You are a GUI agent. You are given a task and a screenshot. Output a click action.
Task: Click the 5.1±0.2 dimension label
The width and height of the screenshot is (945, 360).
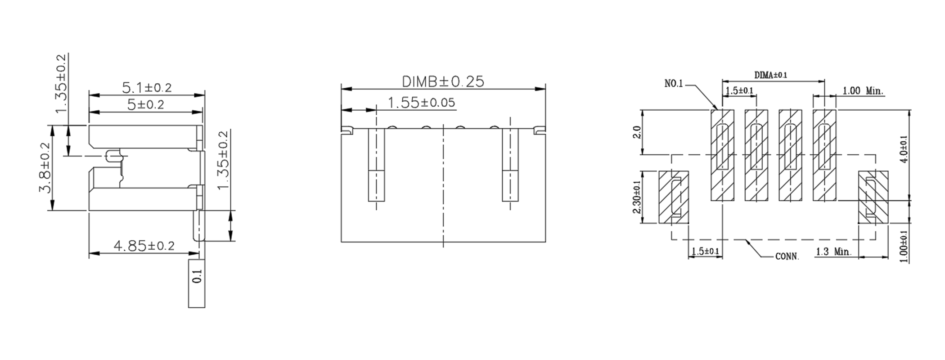pyautogui.click(x=147, y=87)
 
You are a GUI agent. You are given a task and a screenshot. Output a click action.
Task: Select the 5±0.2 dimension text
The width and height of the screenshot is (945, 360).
pyautogui.click(x=145, y=105)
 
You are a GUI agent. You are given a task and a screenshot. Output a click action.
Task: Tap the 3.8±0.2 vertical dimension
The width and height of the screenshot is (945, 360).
pyautogui.click(x=44, y=168)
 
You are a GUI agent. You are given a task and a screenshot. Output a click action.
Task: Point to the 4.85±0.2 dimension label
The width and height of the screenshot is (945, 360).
pyautogui.click(x=144, y=246)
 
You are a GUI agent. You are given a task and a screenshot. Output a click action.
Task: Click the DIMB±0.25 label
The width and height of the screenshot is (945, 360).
pyautogui.click(x=443, y=81)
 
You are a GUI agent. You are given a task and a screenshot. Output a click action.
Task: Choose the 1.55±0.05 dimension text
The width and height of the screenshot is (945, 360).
pyautogui.click(x=421, y=103)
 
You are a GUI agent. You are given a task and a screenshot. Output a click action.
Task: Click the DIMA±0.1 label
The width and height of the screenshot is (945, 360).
pyautogui.click(x=771, y=75)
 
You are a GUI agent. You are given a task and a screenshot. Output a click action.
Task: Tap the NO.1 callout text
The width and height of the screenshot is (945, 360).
pyautogui.click(x=674, y=84)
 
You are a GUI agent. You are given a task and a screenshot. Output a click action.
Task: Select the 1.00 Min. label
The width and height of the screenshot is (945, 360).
pyautogui.click(x=863, y=91)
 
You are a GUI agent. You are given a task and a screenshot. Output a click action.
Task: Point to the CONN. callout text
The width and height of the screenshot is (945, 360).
pyautogui.click(x=787, y=257)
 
